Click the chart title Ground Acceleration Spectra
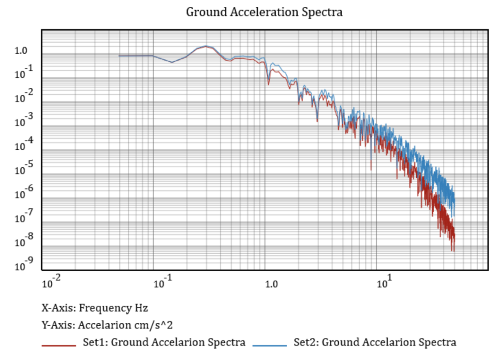[264, 12]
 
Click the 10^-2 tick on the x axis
[51, 283]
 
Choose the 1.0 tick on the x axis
[272, 284]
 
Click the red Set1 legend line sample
[59, 346]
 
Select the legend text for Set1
[165, 343]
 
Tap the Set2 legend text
[375, 343]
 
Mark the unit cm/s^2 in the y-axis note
[156, 325]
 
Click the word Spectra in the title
[321, 12]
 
